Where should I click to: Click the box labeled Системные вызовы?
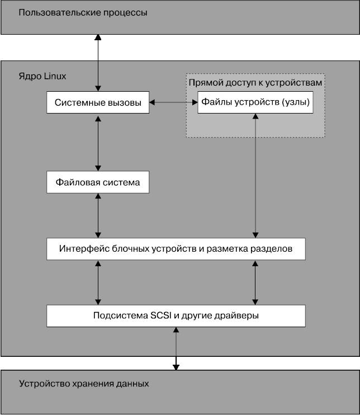(x=98, y=103)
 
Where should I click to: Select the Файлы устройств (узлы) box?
(x=255, y=103)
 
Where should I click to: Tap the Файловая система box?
(x=98, y=182)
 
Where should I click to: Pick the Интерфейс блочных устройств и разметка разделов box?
(x=176, y=248)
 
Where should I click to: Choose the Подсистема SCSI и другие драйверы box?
(x=176, y=315)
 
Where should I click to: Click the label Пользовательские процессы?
(x=83, y=12)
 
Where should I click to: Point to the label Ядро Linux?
(x=42, y=76)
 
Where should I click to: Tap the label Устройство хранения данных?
(x=84, y=384)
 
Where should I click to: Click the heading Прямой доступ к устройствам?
(x=255, y=82)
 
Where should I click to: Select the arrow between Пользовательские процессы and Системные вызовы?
(x=98, y=62)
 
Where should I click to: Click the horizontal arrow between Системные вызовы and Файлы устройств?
(x=173, y=103)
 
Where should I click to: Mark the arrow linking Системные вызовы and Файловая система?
(x=98, y=143)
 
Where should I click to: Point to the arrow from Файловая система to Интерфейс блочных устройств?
(x=98, y=215)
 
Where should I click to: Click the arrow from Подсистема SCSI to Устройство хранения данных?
(x=176, y=348)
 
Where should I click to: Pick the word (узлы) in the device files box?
(x=296, y=103)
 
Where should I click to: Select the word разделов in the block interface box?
(x=273, y=248)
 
